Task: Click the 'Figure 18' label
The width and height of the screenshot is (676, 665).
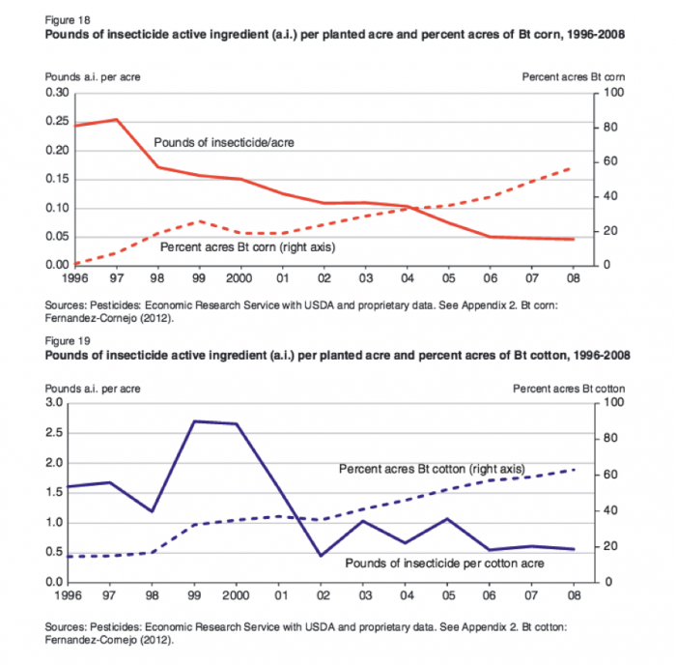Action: click(x=59, y=22)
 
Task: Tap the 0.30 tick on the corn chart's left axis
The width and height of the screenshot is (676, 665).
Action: click(x=56, y=93)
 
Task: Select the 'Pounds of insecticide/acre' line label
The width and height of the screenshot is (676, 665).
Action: click(x=223, y=142)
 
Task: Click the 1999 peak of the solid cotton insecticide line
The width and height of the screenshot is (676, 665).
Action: click(x=193, y=420)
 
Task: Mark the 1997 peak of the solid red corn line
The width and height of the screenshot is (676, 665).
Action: click(x=116, y=120)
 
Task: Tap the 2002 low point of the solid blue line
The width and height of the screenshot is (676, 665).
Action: click(x=321, y=556)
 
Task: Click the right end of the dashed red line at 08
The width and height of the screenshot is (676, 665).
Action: click(x=573, y=167)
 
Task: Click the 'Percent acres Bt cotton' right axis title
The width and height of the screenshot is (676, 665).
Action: click(x=569, y=387)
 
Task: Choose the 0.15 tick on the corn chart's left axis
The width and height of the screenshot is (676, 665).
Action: click(x=56, y=180)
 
